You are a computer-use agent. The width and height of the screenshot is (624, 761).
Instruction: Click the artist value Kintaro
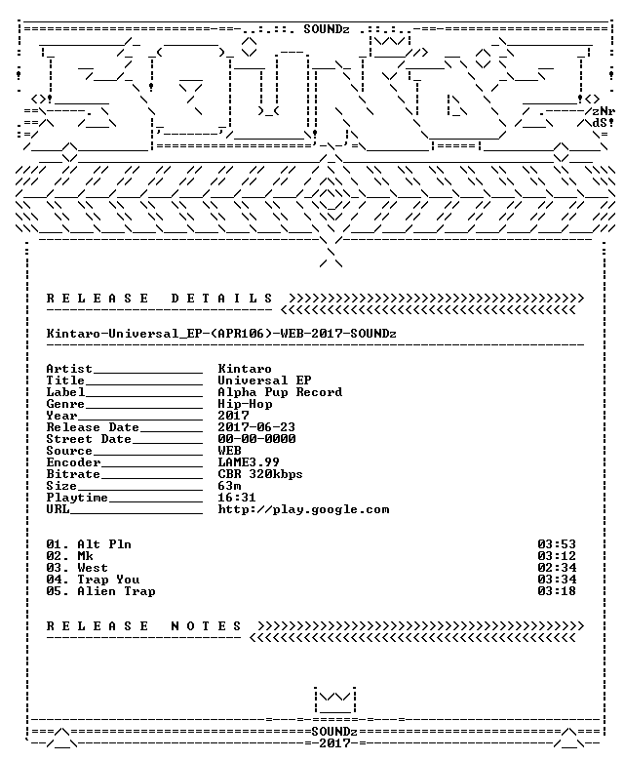pyautogui.click(x=245, y=369)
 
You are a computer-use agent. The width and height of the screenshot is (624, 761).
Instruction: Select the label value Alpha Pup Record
pyautogui.click(x=280, y=392)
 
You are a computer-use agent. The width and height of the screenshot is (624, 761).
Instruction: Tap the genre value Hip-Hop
pyautogui.click(x=245, y=404)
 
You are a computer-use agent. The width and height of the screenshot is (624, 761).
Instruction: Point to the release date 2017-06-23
pyautogui.click(x=256, y=427)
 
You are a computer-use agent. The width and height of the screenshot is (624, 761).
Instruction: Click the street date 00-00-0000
pyautogui.click(x=256, y=439)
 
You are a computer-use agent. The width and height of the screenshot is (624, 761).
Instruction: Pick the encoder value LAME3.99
pyautogui.click(x=249, y=462)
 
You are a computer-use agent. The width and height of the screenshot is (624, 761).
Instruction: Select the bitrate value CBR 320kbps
pyautogui.click(x=260, y=474)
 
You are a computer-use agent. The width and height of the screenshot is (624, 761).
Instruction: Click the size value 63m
pyautogui.click(x=229, y=486)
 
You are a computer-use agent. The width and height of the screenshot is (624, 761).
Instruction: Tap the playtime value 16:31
pyautogui.click(x=237, y=498)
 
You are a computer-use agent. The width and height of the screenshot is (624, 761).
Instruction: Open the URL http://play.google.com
pyautogui.click(x=303, y=509)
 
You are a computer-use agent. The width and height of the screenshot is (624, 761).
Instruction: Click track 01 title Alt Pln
pyautogui.click(x=104, y=544)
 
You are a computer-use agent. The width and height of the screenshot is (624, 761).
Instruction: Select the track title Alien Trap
pyautogui.click(x=116, y=591)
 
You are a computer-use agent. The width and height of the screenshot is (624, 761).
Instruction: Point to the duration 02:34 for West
pyautogui.click(x=557, y=568)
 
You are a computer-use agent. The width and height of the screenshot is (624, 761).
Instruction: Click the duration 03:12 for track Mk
pyautogui.click(x=557, y=556)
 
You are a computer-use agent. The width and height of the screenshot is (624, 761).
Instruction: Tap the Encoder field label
pyautogui.click(x=74, y=462)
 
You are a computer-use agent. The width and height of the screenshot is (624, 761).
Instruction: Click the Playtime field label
pyautogui.click(x=77, y=498)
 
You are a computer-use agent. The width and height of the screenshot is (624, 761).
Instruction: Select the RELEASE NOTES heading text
pyautogui.click(x=143, y=626)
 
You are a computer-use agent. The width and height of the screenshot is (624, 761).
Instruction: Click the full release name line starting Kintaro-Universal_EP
pyautogui.click(x=221, y=334)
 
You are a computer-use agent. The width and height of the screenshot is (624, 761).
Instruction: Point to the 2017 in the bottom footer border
pyautogui.click(x=334, y=743)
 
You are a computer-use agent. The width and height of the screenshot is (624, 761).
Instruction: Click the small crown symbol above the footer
pyautogui.click(x=334, y=700)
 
